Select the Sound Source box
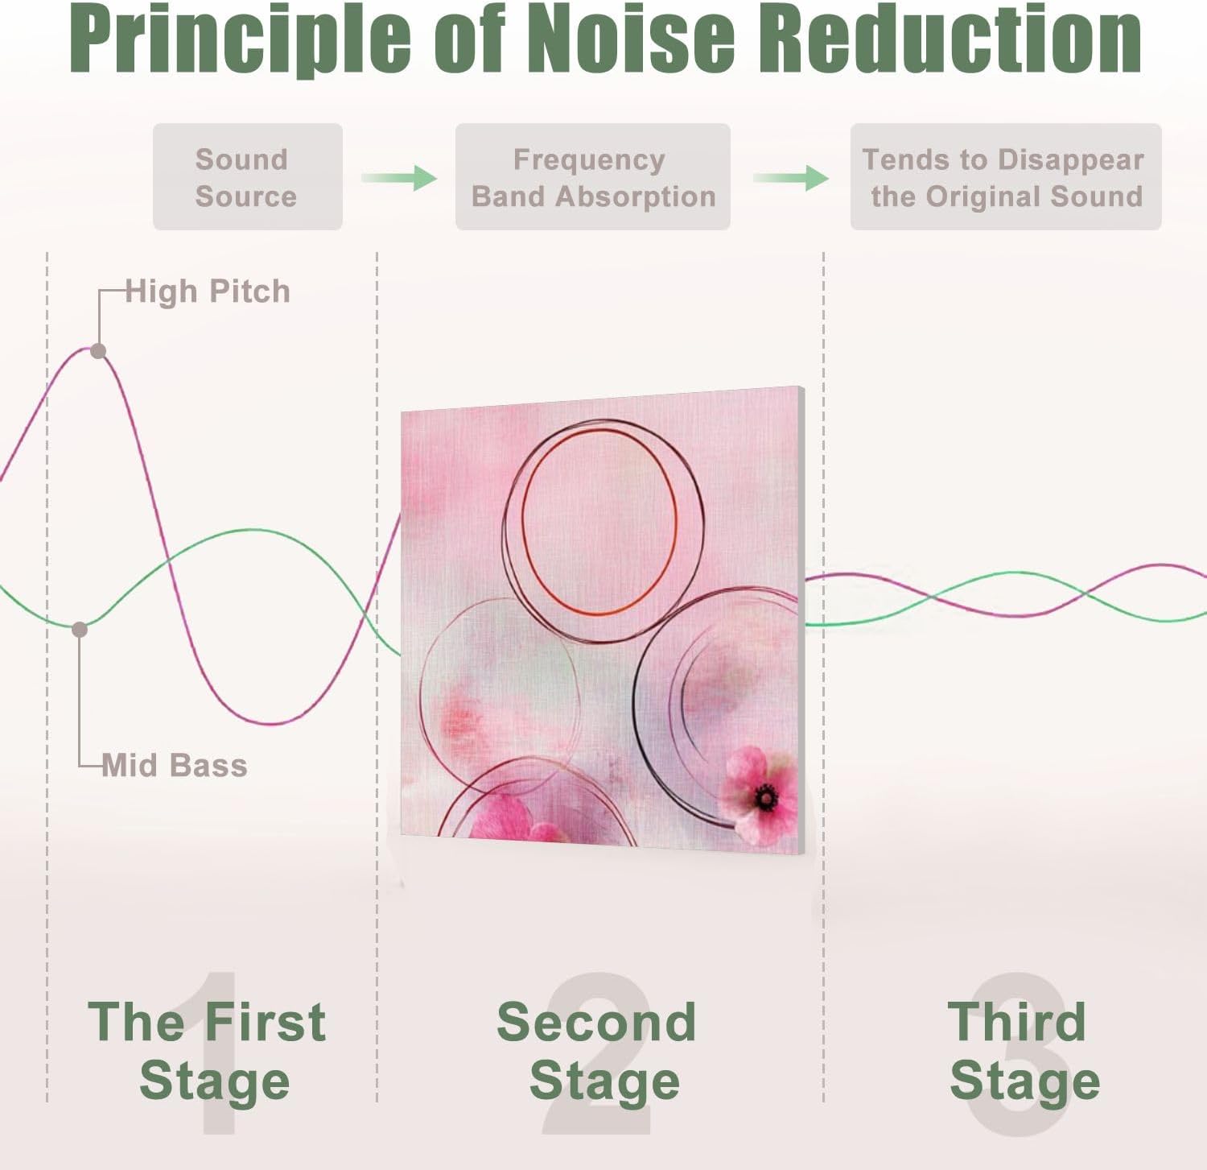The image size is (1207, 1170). click(x=247, y=177)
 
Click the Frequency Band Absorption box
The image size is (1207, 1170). click(x=592, y=177)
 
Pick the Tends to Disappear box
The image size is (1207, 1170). click(x=1005, y=177)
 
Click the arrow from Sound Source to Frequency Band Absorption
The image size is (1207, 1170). click(x=399, y=177)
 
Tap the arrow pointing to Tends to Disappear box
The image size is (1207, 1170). click(x=791, y=177)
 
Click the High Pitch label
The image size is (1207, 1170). click(x=208, y=291)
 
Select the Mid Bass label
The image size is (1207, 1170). click(x=175, y=765)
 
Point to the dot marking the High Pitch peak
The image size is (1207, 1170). click(x=98, y=351)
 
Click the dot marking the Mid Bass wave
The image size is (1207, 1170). click(x=80, y=630)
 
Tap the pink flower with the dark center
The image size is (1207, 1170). click(x=760, y=794)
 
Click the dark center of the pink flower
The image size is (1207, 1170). click(x=765, y=798)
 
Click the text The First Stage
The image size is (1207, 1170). click(x=208, y=1051)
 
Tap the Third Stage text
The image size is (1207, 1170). click(x=1022, y=1051)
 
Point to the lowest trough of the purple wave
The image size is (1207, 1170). click(x=274, y=723)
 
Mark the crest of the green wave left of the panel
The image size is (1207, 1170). click(x=251, y=530)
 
